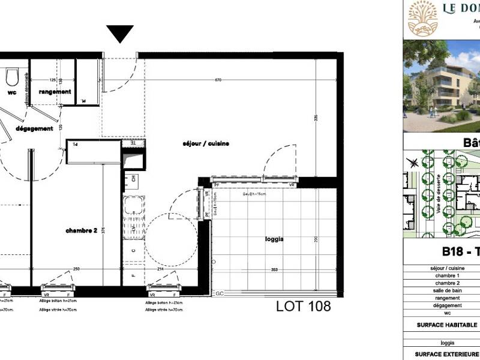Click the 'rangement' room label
tap(55, 92)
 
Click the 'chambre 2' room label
tap(82, 230)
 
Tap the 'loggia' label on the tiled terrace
tap(274, 239)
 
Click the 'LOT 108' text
tap(303, 307)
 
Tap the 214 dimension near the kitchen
tap(160, 270)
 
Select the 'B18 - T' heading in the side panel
tap(461, 252)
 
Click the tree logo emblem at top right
tap(423, 17)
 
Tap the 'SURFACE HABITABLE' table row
tap(446, 325)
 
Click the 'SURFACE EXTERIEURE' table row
tap(446, 353)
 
